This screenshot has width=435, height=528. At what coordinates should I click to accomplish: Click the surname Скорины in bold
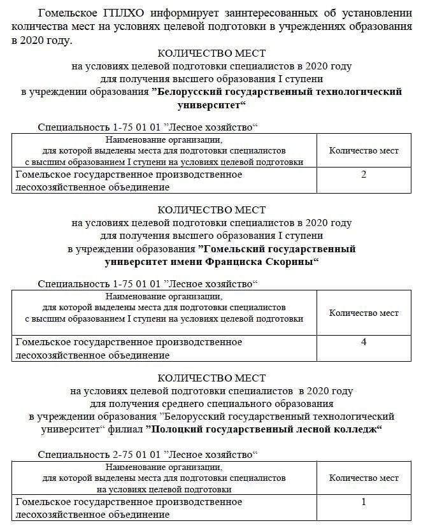(x=286, y=261)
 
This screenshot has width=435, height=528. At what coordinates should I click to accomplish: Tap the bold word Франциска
(x=235, y=261)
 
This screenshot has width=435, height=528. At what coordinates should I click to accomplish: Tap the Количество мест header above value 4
(x=364, y=313)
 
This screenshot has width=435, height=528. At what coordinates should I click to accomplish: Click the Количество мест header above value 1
(x=364, y=478)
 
